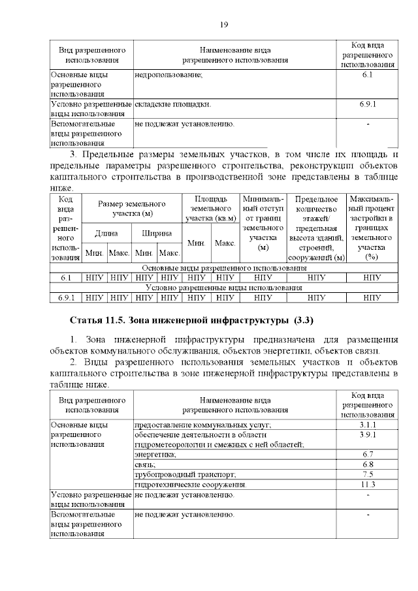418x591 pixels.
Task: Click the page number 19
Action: (223, 25)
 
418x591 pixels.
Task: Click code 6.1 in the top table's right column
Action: (366, 76)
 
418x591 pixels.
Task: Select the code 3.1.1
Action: (366, 425)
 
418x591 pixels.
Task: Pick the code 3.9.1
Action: (366, 434)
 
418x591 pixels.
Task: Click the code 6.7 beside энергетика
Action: (366, 454)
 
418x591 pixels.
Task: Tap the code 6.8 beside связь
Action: (366, 464)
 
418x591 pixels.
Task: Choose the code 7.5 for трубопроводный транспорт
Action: (366, 474)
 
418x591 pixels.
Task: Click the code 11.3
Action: (366, 485)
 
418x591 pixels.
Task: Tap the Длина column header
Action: (106, 233)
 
